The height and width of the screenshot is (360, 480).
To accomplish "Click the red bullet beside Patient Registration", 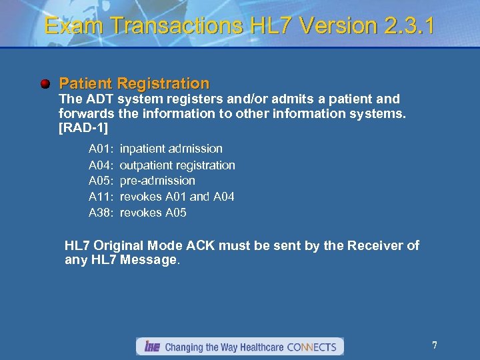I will click(x=45, y=84).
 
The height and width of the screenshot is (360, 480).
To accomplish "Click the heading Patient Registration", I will click(x=134, y=84).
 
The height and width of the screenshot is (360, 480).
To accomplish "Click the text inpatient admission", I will click(x=171, y=149).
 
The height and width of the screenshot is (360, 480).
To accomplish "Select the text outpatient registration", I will click(x=177, y=165).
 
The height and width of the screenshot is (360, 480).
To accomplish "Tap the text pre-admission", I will click(x=157, y=181).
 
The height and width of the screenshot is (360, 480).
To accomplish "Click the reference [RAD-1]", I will click(x=83, y=127).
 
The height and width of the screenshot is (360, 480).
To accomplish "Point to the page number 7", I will click(x=435, y=345).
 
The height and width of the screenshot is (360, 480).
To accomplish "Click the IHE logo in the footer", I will click(x=151, y=347).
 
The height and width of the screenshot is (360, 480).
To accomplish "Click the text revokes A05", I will click(x=153, y=213).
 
